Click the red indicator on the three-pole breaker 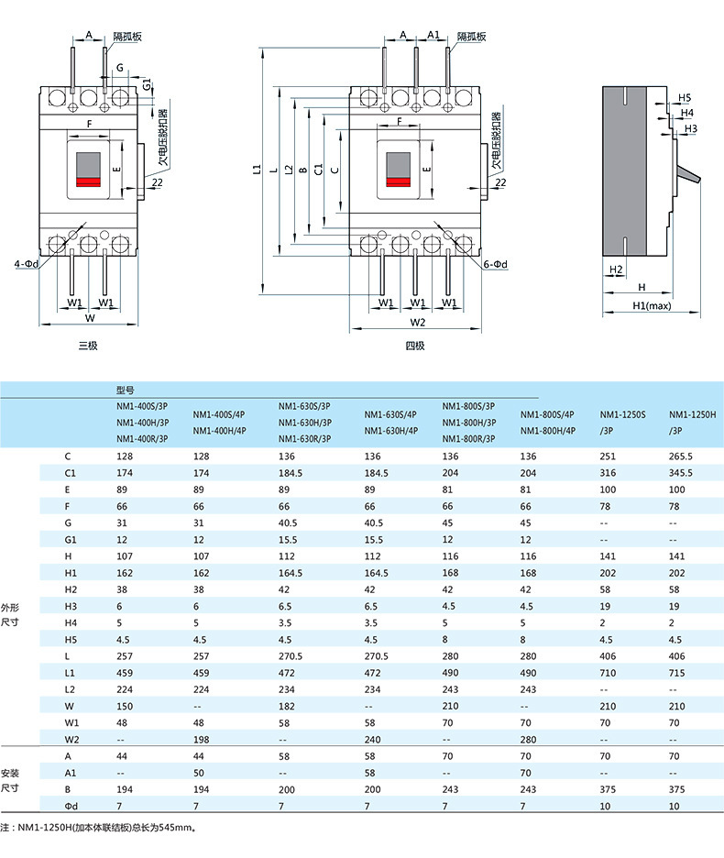coord(88,182)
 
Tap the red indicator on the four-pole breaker coord(399,182)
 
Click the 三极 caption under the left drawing coord(88,346)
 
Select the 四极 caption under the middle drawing coord(415,346)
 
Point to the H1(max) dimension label coord(652,306)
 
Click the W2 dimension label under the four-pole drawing coord(418,323)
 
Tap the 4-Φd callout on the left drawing coord(27,264)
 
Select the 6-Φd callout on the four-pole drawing coord(495,264)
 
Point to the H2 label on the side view coord(616,269)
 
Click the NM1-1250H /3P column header coord(692,423)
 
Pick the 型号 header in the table coord(126,390)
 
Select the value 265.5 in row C coord(680,456)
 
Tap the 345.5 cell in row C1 coord(680,473)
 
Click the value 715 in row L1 coord(676,673)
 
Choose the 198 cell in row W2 coord(201,739)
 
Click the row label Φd coord(71,806)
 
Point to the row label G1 coord(71,540)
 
